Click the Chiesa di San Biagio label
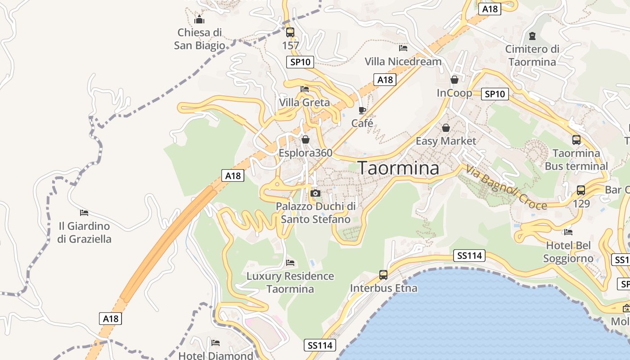point(199,39)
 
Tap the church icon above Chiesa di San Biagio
point(199,19)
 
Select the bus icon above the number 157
point(290,32)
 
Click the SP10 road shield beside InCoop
point(495,94)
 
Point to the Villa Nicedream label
point(403,61)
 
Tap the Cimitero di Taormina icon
point(532,36)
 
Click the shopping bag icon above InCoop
point(454,80)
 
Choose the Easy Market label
point(445,141)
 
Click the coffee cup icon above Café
point(362,110)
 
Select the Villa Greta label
point(304,103)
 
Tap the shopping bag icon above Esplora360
point(306,140)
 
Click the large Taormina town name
point(398,168)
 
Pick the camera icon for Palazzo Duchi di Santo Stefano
point(315,193)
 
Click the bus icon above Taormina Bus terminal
point(576,140)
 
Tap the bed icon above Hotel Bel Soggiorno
point(568,232)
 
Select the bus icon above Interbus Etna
point(383,274)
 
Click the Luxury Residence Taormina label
point(290,282)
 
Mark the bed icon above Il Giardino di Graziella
point(84,212)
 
